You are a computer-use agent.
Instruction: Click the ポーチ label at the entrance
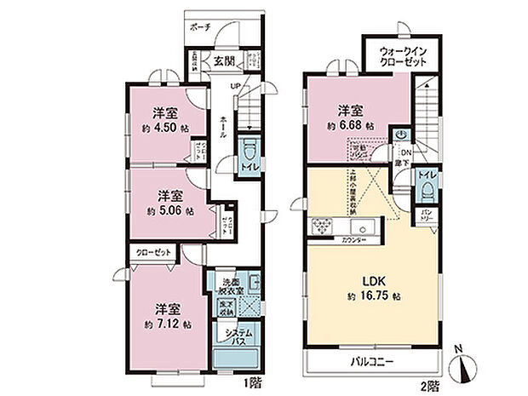click(x=200, y=26)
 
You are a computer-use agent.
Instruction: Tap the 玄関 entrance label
click(x=224, y=60)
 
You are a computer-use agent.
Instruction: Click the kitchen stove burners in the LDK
click(x=324, y=227)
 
